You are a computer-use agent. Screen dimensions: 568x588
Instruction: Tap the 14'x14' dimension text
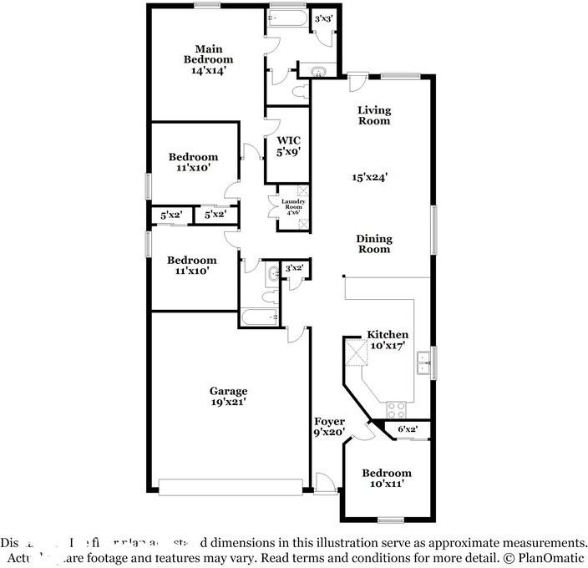[x=208, y=71]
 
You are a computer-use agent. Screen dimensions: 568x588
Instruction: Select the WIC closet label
[x=288, y=140]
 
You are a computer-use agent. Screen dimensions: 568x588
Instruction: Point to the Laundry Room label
[x=292, y=204]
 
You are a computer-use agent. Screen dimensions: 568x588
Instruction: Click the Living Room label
[x=374, y=115]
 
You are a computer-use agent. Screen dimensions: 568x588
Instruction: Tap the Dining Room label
[x=374, y=244]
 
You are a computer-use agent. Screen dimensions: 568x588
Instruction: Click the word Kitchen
[x=388, y=334]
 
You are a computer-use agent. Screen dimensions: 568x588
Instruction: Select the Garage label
[x=228, y=390]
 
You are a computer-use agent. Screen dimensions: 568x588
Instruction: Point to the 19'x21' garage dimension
[x=228, y=402]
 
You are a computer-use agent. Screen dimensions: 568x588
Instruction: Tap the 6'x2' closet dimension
[x=408, y=429]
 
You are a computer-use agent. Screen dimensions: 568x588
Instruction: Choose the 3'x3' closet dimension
[x=324, y=18]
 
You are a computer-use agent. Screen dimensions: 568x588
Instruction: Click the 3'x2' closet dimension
[x=295, y=268]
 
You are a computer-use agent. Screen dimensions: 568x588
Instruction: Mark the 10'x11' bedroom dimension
[x=386, y=484]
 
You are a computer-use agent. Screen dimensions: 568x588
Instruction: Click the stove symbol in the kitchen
[x=395, y=409]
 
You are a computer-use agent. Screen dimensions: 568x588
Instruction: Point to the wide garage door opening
[x=231, y=487]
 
